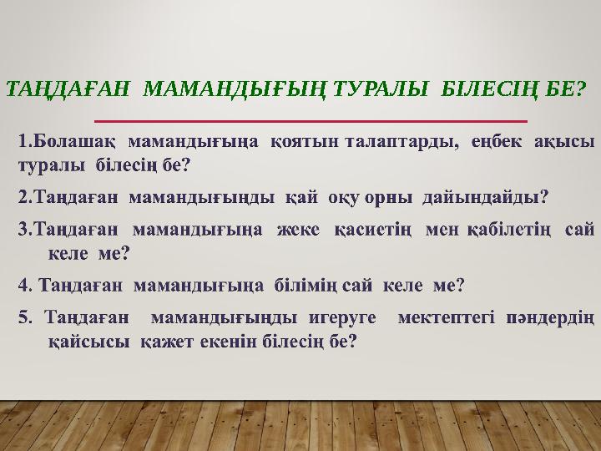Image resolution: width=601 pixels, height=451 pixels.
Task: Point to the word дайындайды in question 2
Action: coord(492,198)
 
